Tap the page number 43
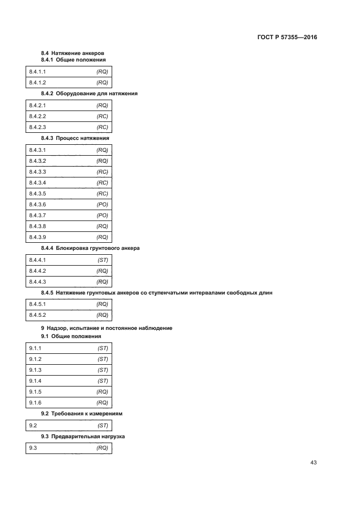(x=313, y=463)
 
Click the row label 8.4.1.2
(x=38, y=83)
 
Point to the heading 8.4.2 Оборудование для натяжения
(x=89, y=94)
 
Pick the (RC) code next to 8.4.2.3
(x=102, y=127)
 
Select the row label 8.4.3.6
(x=38, y=204)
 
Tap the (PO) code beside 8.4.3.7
(x=102, y=215)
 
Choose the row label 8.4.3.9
(x=38, y=237)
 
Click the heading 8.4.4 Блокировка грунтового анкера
(x=90, y=248)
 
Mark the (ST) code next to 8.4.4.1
(x=103, y=260)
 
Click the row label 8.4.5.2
(x=38, y=315)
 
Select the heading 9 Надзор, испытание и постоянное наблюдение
(x=107, y=328)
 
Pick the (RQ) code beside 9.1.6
(x=102, y=402)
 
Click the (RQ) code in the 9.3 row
(x=102, y=448)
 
